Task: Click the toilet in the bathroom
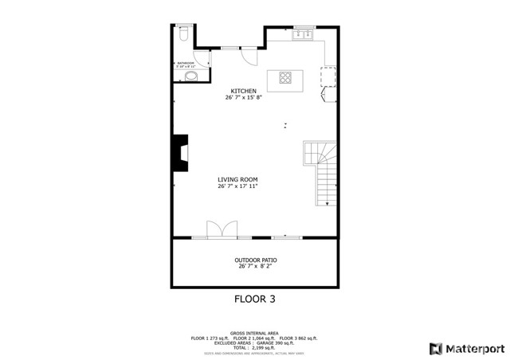[x=182, y=35]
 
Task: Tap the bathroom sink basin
[x=190, y=76]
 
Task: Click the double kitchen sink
[x=303, y=35]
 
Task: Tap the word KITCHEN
[x=243, y=91]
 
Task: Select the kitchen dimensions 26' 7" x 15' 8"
[x=243, y=98]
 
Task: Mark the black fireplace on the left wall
[x=181, y=152]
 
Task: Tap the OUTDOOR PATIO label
[x=256, y=260]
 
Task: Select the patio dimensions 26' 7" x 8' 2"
[x=256, y=267]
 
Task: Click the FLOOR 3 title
[x=254, y=299]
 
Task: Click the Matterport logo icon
[x=434, y=348]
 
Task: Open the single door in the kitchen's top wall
[x=249, y=55]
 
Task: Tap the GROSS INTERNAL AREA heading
[x=254, y=333]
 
